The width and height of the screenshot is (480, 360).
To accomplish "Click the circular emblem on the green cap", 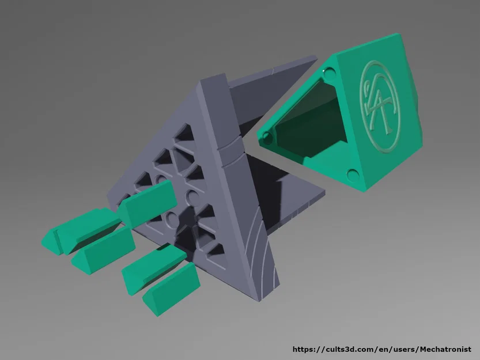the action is coord(380,106).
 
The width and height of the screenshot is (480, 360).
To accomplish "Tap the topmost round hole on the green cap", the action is coord(330,74).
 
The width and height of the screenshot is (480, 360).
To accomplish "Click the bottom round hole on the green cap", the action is coord(353,176).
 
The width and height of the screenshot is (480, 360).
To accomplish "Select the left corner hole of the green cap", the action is coord(267,138).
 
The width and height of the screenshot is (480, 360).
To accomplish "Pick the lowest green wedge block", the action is coord(172,289).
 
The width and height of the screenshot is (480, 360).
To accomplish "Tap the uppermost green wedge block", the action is coord(147,203).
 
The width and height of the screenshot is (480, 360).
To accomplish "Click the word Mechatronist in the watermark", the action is coord(445,349).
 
